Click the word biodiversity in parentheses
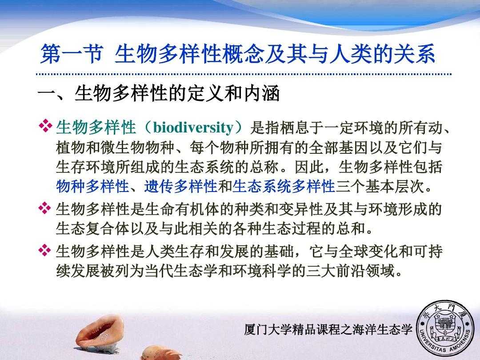tap(193, 128)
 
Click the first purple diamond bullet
tap(45, 126)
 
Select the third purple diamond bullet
tap(45, 250)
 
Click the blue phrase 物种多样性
tap(92, 186)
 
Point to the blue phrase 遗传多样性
tap(180, 186)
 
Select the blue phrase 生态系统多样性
tap(284, 186)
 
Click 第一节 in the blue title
tap(71, 54)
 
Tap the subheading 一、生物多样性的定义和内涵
tap(159, 93)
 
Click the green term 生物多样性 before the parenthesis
tap(96, 128)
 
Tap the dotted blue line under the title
tap(244, 74)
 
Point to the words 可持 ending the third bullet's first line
tap(428, 251)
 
